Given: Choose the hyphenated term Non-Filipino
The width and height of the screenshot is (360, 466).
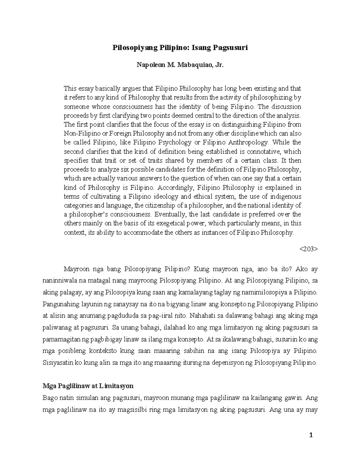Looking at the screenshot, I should (x=79, y=134).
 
